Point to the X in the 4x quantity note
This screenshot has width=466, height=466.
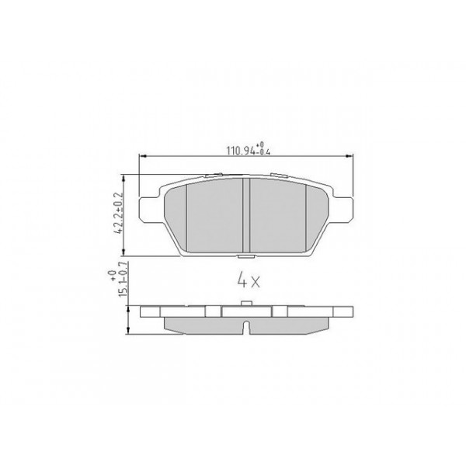[255, 278]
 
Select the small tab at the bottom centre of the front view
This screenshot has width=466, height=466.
[245, 256]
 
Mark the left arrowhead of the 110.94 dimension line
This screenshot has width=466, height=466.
[141, 158]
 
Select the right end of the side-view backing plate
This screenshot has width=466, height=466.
[351, 314]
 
